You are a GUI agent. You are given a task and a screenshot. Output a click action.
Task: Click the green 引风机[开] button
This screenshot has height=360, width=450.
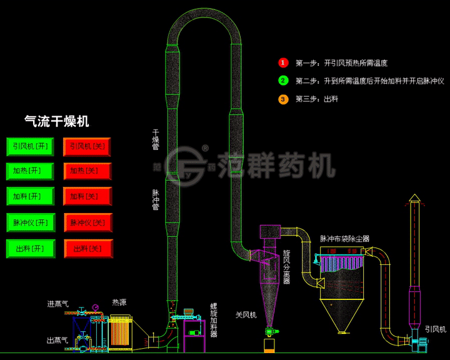(30, 147)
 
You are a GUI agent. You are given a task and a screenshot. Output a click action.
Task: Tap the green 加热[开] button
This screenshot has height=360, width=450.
(30, 171)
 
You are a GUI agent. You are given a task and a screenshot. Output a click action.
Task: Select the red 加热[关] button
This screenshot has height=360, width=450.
(87, 171)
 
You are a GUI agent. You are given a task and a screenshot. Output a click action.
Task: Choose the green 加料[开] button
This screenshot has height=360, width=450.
(30, 197)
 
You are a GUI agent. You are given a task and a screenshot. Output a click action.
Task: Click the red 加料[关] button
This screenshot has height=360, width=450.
(87, 197)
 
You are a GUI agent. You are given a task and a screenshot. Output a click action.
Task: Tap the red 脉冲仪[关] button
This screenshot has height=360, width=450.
(87, 222)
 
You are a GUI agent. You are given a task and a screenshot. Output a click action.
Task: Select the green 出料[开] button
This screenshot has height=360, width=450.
(30, 249)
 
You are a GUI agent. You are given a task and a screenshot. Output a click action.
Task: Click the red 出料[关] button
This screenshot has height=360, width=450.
(87, 249)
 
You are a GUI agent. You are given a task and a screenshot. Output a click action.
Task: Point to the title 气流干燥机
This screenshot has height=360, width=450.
(56, 121)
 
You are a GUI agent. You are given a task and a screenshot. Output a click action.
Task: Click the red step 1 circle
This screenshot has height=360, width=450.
(283, 63)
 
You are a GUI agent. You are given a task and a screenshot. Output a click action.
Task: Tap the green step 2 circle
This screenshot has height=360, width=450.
(283, 81)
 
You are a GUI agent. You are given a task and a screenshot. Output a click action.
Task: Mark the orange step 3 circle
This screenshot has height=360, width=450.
(283, 99)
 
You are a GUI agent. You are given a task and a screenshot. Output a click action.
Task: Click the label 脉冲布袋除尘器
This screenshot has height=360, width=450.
(344, 239)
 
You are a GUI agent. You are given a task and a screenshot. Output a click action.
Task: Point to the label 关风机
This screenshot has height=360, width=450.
(246, 315)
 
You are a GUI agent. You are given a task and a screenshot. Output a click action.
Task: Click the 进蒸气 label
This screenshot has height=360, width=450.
(58, 304)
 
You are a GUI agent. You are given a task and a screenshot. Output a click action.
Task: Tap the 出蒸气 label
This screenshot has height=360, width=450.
(58, 341)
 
